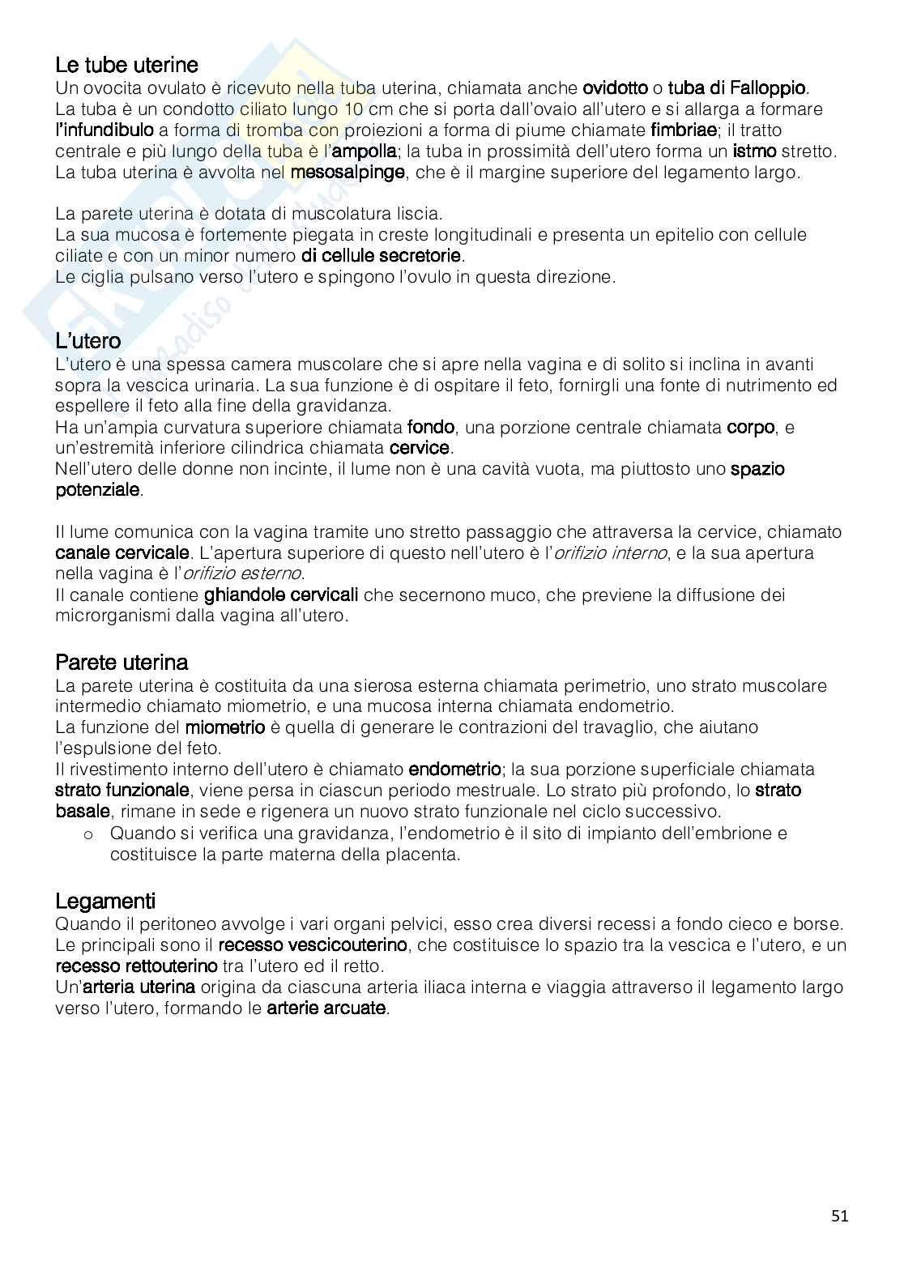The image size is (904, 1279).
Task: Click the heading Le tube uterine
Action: click(126, 64)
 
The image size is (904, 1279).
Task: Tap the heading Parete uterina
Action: click(122, 663)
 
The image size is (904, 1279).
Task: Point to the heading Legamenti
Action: click(105, 901)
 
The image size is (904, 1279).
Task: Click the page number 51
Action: click(840, 1215)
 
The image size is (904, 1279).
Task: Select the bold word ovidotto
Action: click(616, 87)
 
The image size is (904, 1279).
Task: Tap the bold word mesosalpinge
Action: click(348, 172)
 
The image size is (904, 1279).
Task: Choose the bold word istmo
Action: click(754, 151)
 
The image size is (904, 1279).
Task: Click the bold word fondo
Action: click(430, 427)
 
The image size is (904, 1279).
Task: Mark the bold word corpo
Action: click(751, 427)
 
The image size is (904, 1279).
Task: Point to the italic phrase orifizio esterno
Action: click(242, 574)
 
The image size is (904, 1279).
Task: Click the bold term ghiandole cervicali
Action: click(281, 595)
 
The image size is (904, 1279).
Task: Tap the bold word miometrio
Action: click(225, 727)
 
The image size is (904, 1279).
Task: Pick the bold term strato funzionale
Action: click(122, 790)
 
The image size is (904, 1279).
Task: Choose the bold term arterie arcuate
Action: click(327, 1008)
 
